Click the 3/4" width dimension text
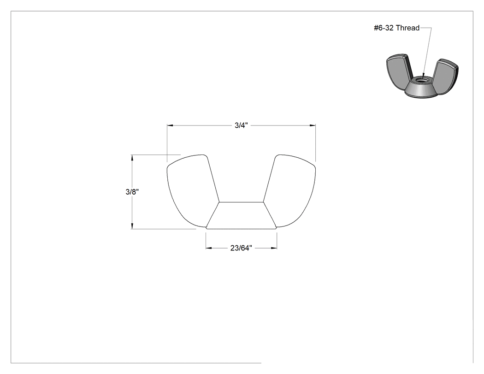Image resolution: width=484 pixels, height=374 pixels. (241, 125)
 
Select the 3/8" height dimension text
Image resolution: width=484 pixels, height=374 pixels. (132, 192)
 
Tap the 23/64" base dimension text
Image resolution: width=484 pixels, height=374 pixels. (241, 248)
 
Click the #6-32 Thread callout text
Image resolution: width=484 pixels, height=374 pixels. (396, 28)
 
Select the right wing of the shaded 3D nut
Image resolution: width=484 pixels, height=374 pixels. (445, 76)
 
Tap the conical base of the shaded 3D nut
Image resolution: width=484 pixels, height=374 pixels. (421, 90)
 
